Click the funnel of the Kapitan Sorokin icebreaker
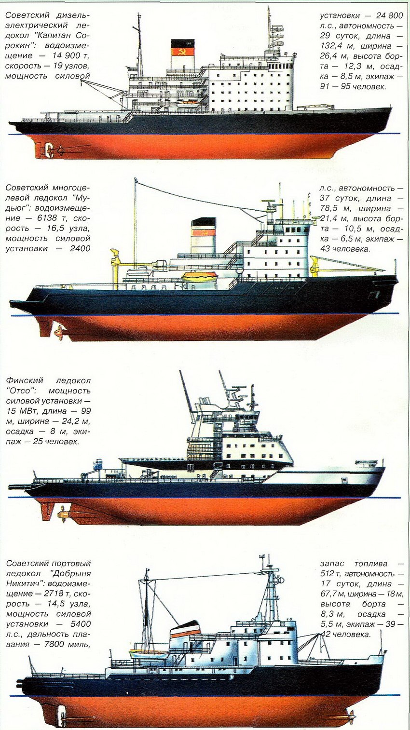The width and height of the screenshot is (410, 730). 183,54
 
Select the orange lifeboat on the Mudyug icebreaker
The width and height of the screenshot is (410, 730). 200,276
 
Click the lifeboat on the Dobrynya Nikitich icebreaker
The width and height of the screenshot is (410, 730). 148,654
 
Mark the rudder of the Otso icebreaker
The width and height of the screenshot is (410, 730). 47,510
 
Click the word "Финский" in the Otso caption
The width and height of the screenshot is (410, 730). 25,380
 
